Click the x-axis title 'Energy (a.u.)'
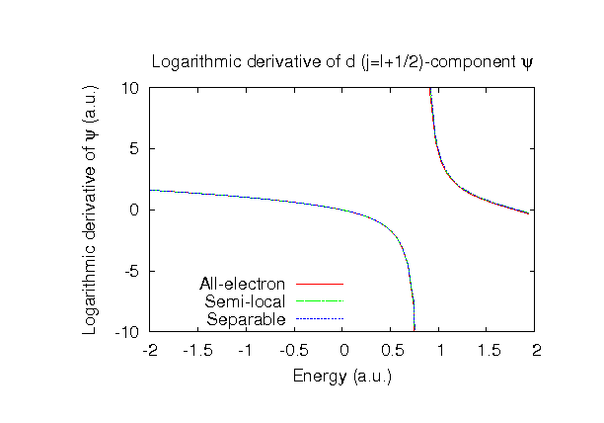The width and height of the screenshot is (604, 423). tap(341, 376)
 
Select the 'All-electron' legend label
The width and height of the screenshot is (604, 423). tap(242, 285)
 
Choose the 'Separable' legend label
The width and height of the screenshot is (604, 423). tap(247, 319)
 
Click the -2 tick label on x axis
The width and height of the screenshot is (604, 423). tap(150, 350)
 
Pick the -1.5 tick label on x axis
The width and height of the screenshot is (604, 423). tap(197, 350)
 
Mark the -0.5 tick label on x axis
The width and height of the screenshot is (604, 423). tap(294, 350)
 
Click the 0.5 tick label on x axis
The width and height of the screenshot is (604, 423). tap(391, 350)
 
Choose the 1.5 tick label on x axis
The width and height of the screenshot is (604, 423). tap(488, 350)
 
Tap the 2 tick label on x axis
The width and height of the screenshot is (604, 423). tap(536, 350)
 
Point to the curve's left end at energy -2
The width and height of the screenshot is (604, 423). tap(151, 190)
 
